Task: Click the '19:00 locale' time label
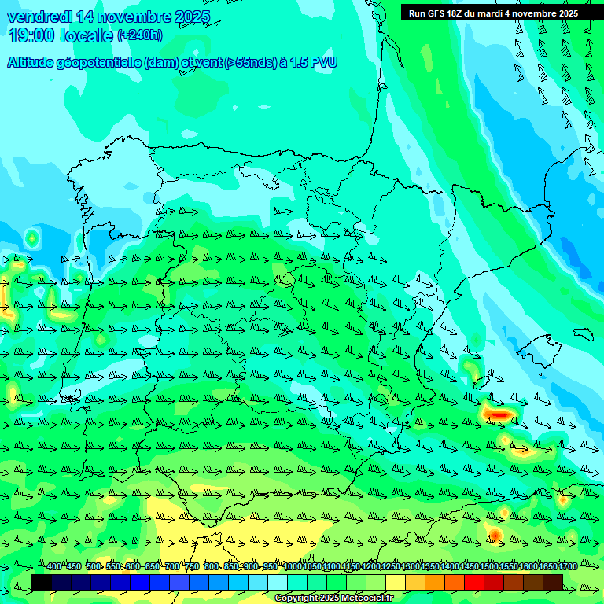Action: [61, 35]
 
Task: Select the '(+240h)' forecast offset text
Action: [139, 35]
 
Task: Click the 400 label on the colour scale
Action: [54, 567]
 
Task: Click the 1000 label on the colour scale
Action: [292, 567]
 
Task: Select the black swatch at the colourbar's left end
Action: [42, 582]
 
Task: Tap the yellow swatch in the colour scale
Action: [396, 582]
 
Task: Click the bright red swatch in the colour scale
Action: [474, 582]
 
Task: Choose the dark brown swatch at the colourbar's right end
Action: [553, 582]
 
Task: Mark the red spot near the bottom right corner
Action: [495, 535]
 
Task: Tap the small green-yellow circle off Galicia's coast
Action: [32, 237]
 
